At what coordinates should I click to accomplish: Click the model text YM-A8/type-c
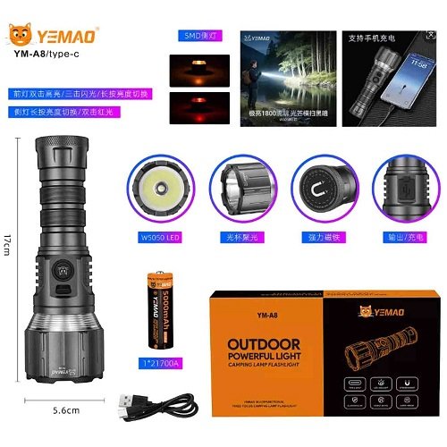pos(49,52)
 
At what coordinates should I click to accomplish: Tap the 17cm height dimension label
pos(7,241)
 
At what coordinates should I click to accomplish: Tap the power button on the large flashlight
pos(65,269)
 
